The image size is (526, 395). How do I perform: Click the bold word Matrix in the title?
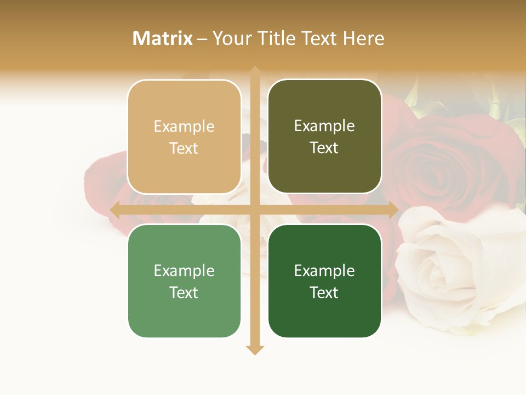point(163,38)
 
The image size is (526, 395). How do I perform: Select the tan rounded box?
point(184,137)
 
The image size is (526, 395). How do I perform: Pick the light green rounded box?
point(184,281)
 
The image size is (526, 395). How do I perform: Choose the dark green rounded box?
point(324,281)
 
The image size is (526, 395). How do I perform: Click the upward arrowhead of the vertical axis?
point(255,71)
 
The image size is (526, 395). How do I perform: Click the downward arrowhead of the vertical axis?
point(255,349)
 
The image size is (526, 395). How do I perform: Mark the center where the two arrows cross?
point(255,210)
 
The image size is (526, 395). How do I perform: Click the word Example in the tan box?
point(184,127)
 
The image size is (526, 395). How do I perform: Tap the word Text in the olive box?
point(324,148)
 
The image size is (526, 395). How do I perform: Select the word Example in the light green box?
point(184,271)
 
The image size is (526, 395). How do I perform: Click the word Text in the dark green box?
point(324,292)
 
